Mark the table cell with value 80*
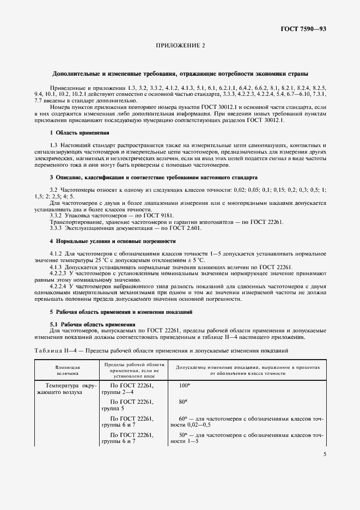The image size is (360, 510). pyautogui.click(x=183, y=402)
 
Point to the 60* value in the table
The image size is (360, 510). pyautogui.click(x=182, y=418)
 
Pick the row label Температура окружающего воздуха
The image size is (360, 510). pyautogui.click(x=65, y=388)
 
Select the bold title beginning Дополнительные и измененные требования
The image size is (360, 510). pyautogui.click(x=180, y=74)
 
